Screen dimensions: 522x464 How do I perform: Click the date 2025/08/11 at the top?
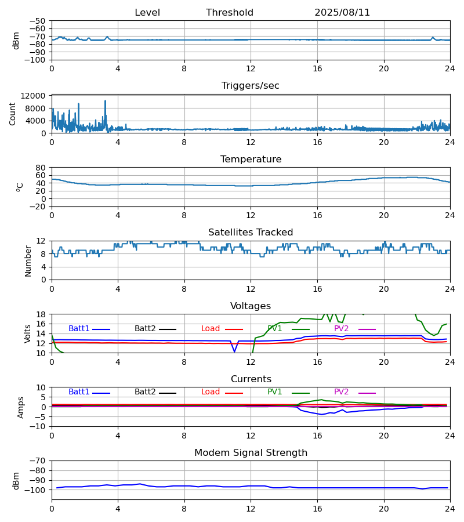point(342,13)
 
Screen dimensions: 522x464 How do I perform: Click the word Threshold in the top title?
point(230,13)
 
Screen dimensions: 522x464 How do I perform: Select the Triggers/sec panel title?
point(251,86)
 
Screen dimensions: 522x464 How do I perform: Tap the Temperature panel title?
point(251,159)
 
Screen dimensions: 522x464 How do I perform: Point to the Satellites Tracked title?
point(251,233)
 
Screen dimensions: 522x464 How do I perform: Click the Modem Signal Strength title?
point(251,453)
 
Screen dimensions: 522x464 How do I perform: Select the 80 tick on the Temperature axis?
point(41,168)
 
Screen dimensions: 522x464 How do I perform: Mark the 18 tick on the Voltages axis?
point(41,314)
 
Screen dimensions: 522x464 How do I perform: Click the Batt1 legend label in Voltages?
point(79,329)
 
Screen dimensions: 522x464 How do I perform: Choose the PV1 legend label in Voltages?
point(275,329)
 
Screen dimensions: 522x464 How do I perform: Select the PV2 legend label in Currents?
point(341,392)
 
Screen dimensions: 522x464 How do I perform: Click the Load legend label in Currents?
point(211,392)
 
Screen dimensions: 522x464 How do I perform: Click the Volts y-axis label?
point(28,333)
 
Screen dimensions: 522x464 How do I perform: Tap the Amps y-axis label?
point(21,407)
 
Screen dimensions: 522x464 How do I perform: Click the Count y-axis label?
point(13,114)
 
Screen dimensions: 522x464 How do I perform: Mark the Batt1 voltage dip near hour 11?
point(234,351)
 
